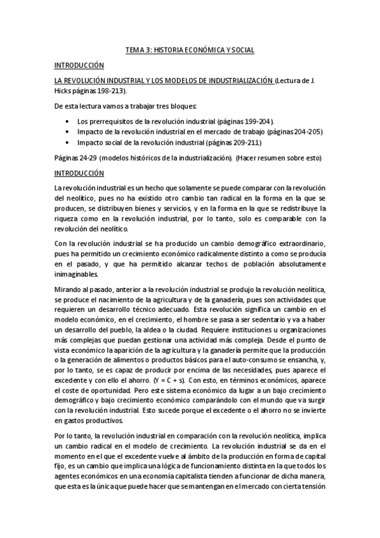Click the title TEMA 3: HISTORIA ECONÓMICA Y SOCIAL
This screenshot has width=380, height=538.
[190, 49]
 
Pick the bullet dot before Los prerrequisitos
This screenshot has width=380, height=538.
[67, 121]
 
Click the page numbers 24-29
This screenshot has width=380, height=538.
[85, 158]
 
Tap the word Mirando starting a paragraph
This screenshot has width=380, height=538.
[68, 290]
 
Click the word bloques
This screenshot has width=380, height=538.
[185, 105]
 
